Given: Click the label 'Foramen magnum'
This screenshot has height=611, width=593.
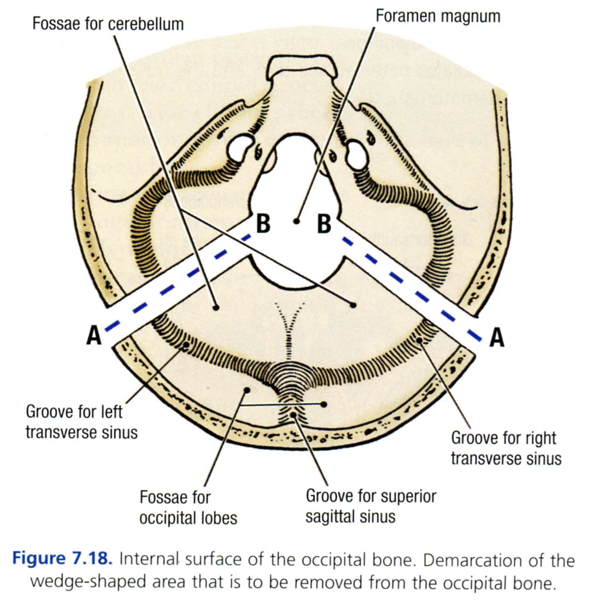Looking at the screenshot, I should click(x=437, y=16).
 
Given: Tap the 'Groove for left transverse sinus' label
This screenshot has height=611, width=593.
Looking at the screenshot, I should click(x=82, y=421).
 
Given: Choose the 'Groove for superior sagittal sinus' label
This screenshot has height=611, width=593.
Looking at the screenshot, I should click(x=371, y=506).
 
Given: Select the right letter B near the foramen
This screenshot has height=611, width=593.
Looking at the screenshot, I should click(x=324, y=223).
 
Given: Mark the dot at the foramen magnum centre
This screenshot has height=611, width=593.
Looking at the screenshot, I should click(x=296, y=222).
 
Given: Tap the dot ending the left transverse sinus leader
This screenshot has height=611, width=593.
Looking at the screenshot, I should click(x=187, y=346).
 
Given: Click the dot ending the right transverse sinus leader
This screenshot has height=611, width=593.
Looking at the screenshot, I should click(x=420, y=341).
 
